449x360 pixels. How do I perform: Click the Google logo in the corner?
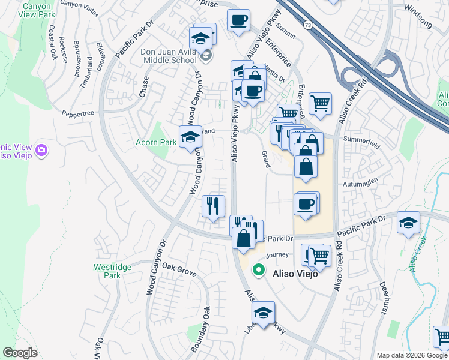click(x=20, y=352)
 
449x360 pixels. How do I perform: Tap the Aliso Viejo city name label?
click(x=295, y=273)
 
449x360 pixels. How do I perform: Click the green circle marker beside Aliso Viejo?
click(x=259, y=270)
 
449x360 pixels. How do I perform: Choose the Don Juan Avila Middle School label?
click(x=169, y=56)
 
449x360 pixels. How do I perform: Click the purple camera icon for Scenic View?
click(x=41, y=149)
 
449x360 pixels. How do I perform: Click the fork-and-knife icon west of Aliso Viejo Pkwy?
click(x=213, y=206)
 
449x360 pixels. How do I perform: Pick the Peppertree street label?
click(x=79, y=112)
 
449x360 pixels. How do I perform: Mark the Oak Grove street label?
click(x=179, y=269)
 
